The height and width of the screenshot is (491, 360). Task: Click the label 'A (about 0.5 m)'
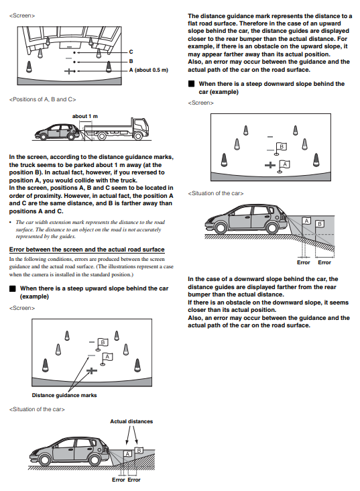(x=148, y=70)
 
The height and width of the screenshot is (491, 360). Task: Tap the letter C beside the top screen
(x=131, y=52)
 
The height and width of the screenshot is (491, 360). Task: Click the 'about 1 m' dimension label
(x=85, y=116)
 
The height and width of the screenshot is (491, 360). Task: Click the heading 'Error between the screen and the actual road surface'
(x=86, y=250)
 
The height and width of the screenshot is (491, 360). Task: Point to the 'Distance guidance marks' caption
(x=64, y=395)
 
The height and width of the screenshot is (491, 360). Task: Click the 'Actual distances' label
(x=131, y=421)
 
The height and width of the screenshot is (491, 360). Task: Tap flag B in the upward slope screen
(x=102, y=344)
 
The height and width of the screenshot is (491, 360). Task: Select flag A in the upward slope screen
(x=107, y=359)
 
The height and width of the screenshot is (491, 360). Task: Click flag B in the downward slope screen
(x=280, y=149)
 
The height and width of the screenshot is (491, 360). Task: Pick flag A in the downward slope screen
(x=284, y=166)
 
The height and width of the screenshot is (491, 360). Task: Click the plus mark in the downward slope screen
(x=270, y=165)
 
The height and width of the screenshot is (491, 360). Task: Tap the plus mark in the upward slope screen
(x=91, y=371)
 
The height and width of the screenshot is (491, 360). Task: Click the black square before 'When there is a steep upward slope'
(x=13, y=288)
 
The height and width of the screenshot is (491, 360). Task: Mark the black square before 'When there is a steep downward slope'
(x=191, y=84)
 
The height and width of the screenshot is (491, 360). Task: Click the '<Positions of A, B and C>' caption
(x=43, y=99)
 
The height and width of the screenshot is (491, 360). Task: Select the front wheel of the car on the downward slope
(x=221, y=227)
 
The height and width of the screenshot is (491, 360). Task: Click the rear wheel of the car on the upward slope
(x=95, y=459)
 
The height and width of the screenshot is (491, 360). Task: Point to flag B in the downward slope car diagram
(x=319, y=223)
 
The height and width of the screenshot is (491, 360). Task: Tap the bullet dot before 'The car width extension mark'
(x=11, y=222)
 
